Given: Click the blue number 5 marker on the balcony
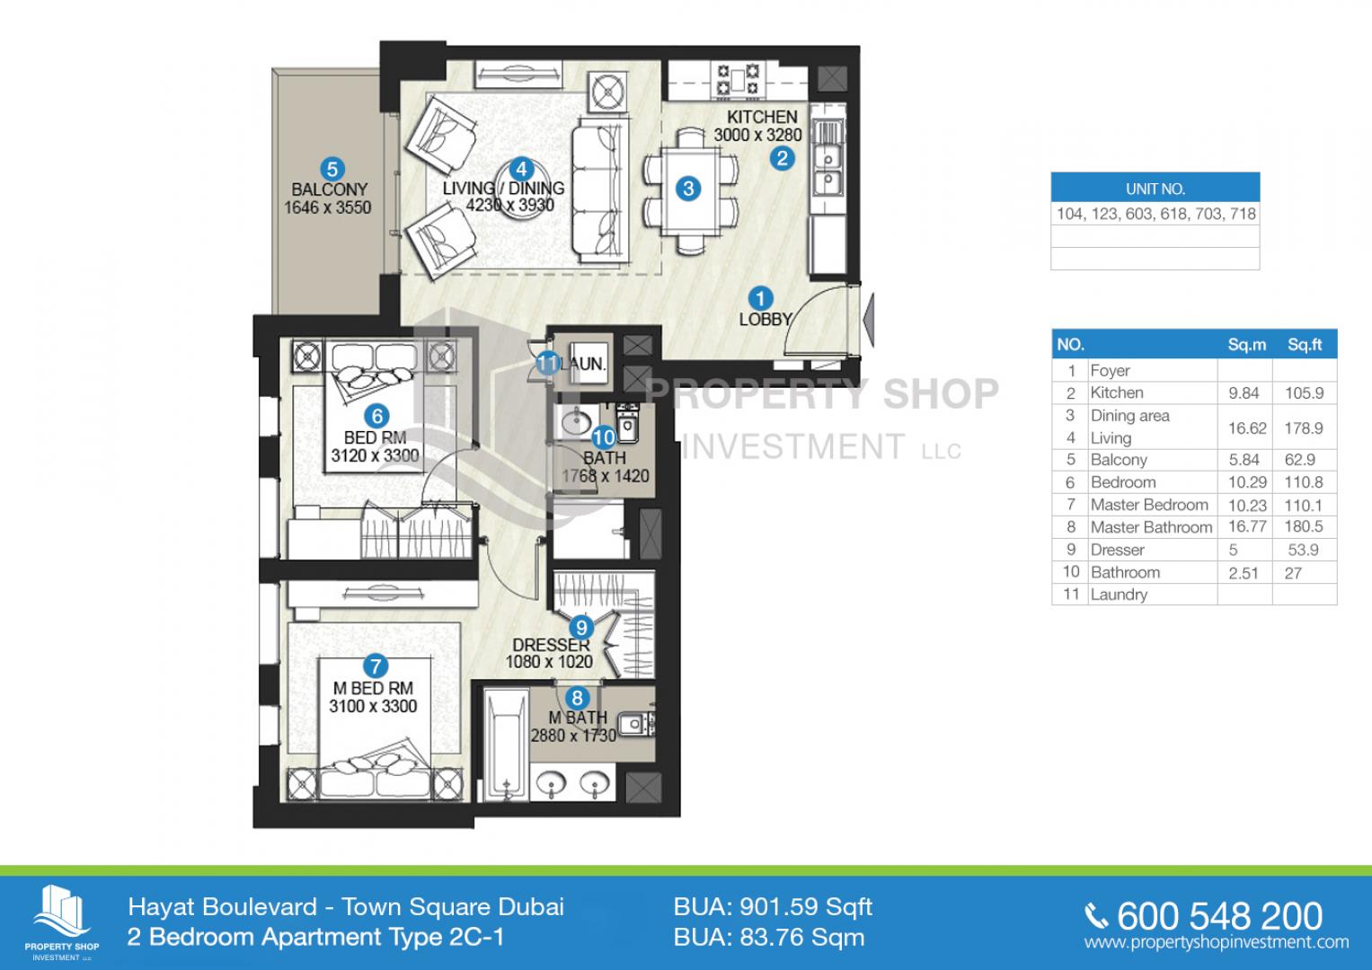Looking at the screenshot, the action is pos(332,169).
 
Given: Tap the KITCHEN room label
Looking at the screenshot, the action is pos(762,117).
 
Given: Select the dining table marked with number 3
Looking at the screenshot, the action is pos(690,190).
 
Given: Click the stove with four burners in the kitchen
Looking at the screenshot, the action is pos(738,80).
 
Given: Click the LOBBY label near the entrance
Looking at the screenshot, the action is pos(765,320).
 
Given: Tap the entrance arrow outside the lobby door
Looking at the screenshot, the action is pos(868,321).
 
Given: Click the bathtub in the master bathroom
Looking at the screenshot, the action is pos(506,744).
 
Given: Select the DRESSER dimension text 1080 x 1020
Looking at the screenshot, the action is pos(549,661).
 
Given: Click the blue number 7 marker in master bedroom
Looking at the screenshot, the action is pos(376,666).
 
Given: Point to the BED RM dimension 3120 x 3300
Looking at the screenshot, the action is pos(375,455).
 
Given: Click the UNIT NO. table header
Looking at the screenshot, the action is pos(1155,189).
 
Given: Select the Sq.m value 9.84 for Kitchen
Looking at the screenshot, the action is pos(1244,393).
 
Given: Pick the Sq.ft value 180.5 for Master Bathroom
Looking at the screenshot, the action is pos(1304,526).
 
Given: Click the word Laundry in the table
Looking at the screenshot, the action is pos(1119,595).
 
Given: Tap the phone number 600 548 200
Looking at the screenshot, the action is pos(1219,916).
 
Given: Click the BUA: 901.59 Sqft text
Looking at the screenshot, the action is pos(773,907).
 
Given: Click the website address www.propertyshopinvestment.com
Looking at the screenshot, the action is pos(1217,942).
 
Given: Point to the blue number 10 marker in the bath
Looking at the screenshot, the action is pos(603,437).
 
